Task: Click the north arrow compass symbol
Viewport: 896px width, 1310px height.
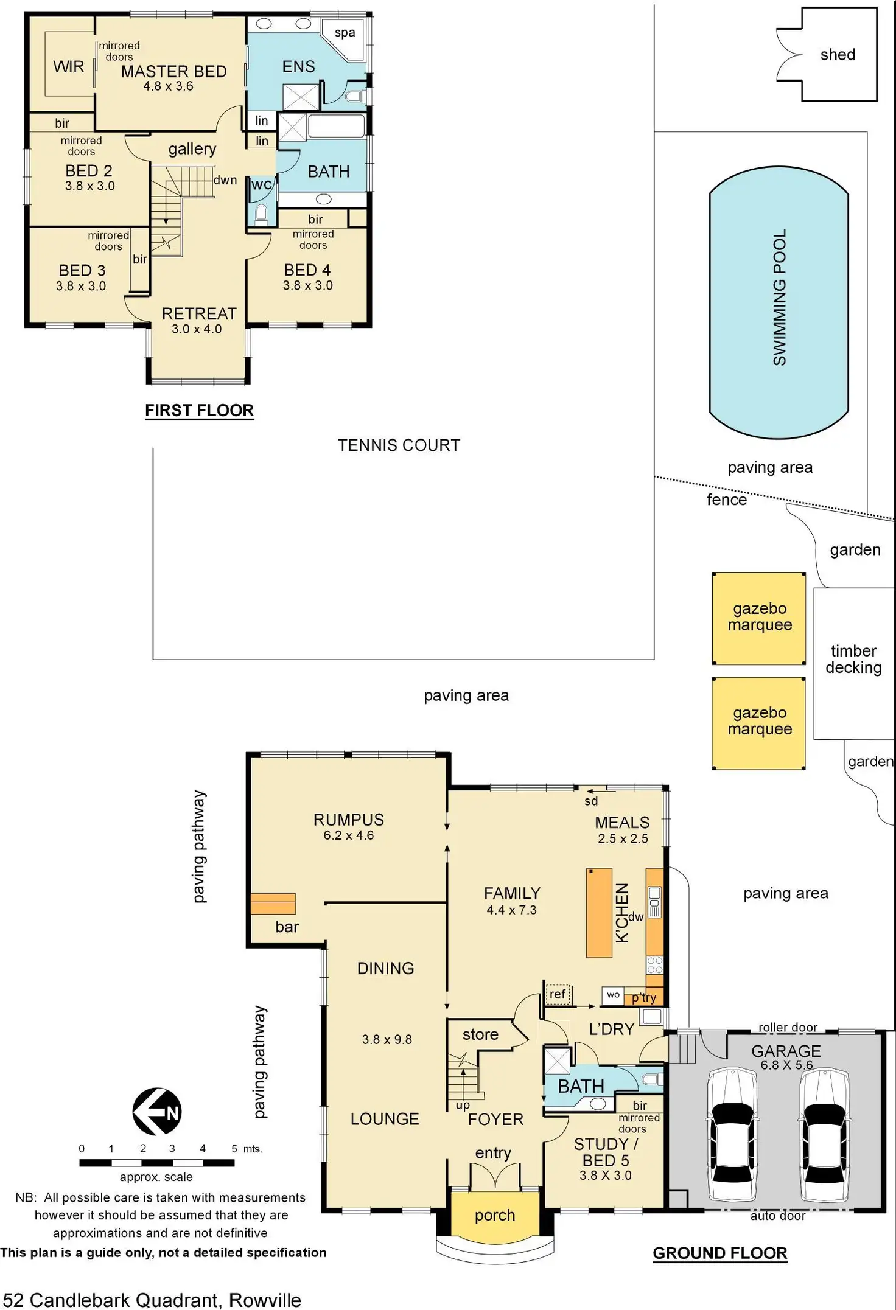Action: pyautogui.click(x=156, y=1111)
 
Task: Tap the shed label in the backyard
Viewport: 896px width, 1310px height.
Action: pyautogui.click(x=838, y=55)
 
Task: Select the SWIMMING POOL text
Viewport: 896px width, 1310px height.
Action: pyautogui.click(x=779, y=298)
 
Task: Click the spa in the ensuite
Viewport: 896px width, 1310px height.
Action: pyautogui.click(x=345, y=33)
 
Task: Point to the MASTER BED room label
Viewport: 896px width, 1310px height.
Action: pyautogui.click(x=173, y=72)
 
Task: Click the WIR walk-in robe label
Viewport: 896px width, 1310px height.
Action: pyautogui.click(x=68, y=67)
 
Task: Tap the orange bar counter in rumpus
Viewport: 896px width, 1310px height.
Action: pyautogui.click(x=273, y=904)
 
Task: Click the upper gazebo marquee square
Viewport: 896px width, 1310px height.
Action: pyautogui.click(x=759, y=618)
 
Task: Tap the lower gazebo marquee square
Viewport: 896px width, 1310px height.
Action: pyautogui.click(x=759, y=722)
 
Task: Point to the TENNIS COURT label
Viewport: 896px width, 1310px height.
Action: pyautogui.click(x=399, y=445)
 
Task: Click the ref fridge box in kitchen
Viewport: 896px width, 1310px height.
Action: pyautogui.click(x=558, y=994)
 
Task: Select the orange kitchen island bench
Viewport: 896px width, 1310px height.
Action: pyautogui.click(x=599, y=913)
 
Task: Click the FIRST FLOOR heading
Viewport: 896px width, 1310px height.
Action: pyautogui.click(x=199, y=411)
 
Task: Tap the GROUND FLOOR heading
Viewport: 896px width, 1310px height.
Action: pyautogui.click(x=719, y=1253)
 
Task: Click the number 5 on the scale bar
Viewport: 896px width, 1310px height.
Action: pyautogui.click(x=234, y=1149)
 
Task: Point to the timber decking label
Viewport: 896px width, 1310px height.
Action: pyautogui.click(x=853, y=660)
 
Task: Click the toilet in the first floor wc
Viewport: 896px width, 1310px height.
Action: pyautogui.click(x=261, y=214)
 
